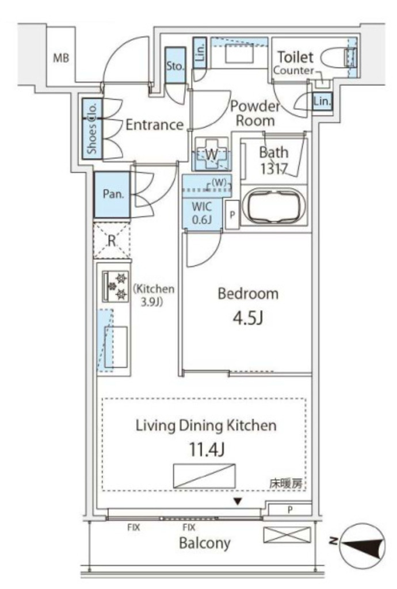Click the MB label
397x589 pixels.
coord(61,58)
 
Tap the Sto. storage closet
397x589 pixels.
coord(175,66)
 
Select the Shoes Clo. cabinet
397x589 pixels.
coord(92,129)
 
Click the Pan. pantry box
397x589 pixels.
coord(113,195)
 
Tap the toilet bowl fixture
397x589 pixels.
coord(337,58)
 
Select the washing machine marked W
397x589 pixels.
coord(211,154)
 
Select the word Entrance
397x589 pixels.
coord(154,125)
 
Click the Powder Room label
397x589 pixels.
coord(255,113)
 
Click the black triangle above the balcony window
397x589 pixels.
coord(237,502)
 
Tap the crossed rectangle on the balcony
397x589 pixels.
coord(287,535)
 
